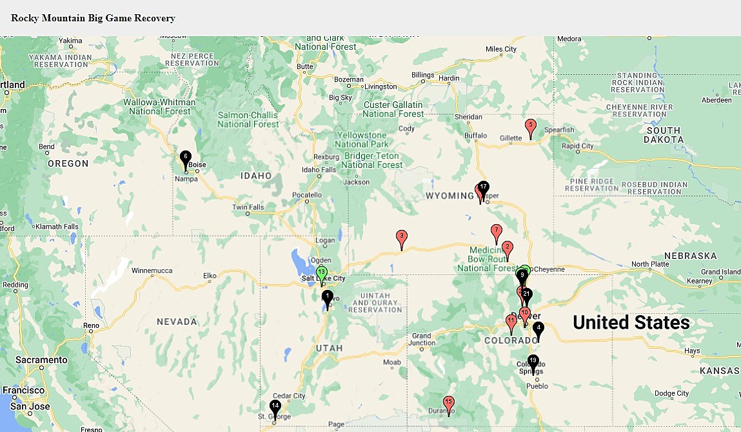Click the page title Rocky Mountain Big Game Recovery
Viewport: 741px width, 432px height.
pyautogui.click(x=93, y=18)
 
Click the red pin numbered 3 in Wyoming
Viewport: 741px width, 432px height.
pyautogui.click(x=401, y=238)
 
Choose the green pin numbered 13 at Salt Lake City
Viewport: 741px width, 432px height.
pyautogui.click(x=322, y=274)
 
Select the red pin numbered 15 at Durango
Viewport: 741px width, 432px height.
pyautogui.click(x=449, y=404)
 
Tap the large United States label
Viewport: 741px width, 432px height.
pyautogui.click(x=631, y=322)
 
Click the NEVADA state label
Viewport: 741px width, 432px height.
pyautogui.click(x=177, y=322)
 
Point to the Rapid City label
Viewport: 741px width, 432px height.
pyautogui.click(x=578, y=146)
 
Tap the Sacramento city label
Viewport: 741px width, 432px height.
pyautogui.click(x=41, y=360)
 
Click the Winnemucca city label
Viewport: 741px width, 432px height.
pyautogui.click(x=152, y=271)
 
